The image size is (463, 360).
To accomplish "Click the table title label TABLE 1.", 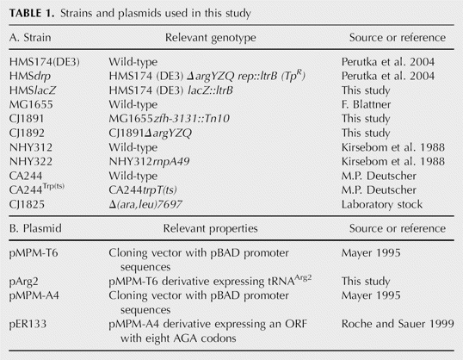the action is click(x=32, y=13).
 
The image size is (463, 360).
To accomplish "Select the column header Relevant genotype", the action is click(x=211, y=38).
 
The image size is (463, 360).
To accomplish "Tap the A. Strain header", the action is click(x=30, y=38).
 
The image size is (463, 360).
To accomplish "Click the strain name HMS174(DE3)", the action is click(x=45, y=62).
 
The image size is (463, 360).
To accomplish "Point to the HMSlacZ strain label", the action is click(x=33, y=90).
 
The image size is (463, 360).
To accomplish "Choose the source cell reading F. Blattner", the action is click(x=366, y=104).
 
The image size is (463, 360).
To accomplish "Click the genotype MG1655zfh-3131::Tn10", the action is click(x=170, y=119).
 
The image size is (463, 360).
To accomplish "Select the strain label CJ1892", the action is click(x=27, y=133).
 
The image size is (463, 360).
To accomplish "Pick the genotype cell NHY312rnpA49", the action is click(x=149, y=161).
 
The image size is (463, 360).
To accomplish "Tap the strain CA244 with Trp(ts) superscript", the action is click(x=37, y=189).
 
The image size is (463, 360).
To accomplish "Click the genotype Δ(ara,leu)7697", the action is click(x=145, y=204).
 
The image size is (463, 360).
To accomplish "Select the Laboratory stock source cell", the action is click(x=382, y=204).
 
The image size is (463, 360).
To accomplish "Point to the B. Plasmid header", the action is click(x=35, y=228).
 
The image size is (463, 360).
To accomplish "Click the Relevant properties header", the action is click(x=211, y=228).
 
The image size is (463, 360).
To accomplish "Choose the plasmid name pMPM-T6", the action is click(x=34, y=253).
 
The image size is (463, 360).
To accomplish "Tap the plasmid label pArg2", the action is click(x=23, y=282).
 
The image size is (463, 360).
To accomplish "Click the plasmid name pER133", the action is click(x=28, y=324).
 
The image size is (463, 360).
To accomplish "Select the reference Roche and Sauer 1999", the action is click(x=398, y=324).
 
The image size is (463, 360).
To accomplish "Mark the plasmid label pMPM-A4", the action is click(x=34, y=295).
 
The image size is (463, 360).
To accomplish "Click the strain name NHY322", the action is click(x=31, y=161).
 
